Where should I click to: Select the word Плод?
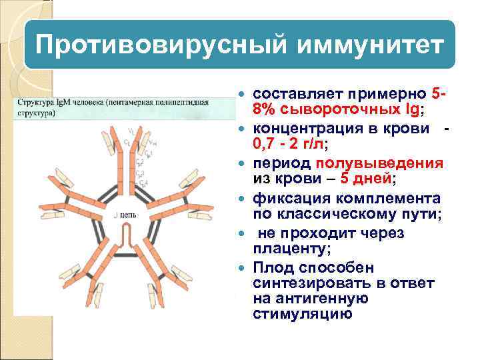point(273,269)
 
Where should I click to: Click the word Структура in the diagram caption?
point(35,103)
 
